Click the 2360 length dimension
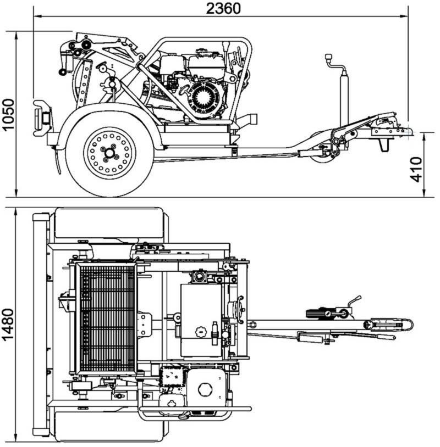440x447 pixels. (223, 8)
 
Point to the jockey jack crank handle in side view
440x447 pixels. (331, 58)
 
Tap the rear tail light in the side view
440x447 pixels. (41, 117)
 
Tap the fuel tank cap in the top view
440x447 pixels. (201, 333)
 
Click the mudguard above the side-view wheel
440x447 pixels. (110, 113)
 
